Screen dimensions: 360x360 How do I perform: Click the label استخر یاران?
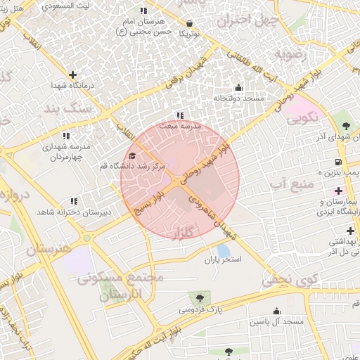223,260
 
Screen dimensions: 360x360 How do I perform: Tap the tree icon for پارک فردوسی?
202,298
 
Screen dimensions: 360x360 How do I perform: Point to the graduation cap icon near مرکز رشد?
132,155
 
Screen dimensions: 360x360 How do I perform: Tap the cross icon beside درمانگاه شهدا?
72,75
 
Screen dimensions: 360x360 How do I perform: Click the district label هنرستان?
49,249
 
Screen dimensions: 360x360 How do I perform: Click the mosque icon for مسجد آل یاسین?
276,311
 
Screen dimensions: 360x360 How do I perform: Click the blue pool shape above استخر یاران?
224,250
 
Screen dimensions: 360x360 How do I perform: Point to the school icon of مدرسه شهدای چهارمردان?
66,136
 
